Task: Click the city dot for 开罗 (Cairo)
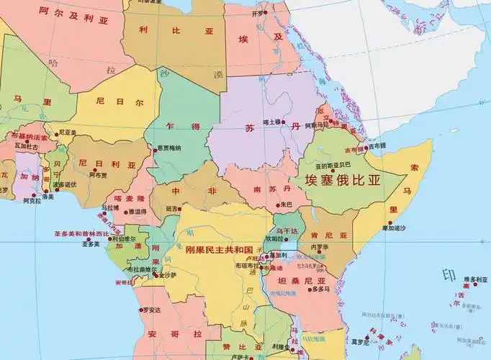click(x=265, y=13)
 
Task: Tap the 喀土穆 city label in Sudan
click(x=271, y=122)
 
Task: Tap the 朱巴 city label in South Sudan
click(x=286, y=204)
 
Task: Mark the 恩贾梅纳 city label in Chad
click(x=168, y=148)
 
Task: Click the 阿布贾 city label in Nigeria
click(x=98, y=175)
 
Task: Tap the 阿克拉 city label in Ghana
click(x=32, y=201)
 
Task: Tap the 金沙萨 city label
click(x=167, y=274)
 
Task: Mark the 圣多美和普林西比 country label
click(x=81, y=234)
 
